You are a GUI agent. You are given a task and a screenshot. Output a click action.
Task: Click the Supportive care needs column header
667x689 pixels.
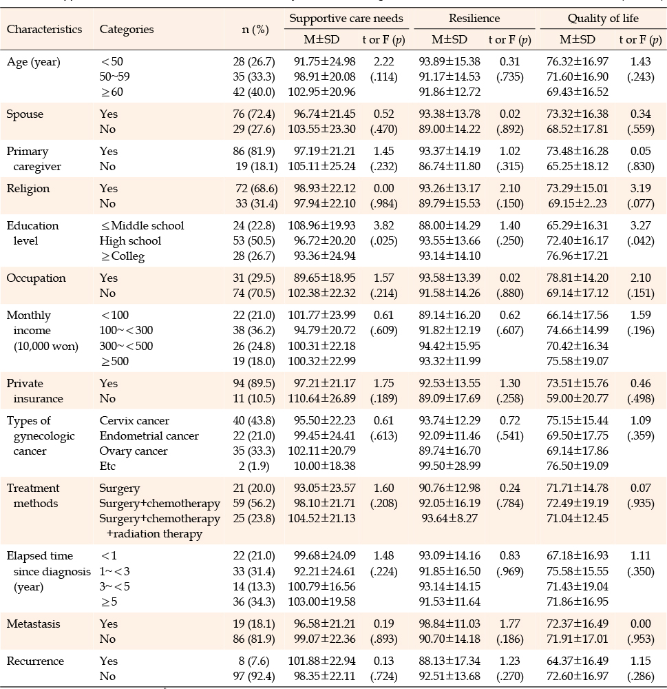pyautogui.click(x=346, y=19)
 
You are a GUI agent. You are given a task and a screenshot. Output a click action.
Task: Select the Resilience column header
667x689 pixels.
pyautogui.click(x=474, y=19)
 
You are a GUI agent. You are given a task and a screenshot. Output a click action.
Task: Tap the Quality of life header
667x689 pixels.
pyautogui.click(x=603, y=19)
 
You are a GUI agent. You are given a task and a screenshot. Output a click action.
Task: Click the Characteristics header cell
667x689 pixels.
pyautogui.click(x=44, y=30)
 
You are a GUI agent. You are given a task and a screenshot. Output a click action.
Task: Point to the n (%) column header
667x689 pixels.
pyautogui.click(x=255, y=30)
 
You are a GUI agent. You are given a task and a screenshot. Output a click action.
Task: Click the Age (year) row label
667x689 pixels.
pyautogui.click(x=33, y=62)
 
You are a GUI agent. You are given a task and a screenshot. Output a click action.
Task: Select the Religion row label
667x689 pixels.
pyautogui.click(x=28, y=189)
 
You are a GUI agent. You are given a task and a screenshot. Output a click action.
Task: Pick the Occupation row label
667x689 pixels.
pyautogui.click(x=36, y=278)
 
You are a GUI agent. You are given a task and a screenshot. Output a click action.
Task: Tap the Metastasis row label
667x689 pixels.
pyautogui.click(x=33, y=624)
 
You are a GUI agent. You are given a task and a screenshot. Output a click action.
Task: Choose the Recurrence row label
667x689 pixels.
pyautogui.click(x=35, y=661)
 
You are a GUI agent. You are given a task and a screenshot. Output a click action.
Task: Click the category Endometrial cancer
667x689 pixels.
pyautogui.click(x=149, y=436)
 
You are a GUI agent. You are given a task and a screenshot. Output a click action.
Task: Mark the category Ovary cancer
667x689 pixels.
pyautogui.click(x=134, y=451)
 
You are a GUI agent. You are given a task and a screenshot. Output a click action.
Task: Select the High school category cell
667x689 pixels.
pyautogui.click(x=130, y=240)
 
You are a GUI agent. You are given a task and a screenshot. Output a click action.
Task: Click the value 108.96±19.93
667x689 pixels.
pyautogui.click(x=322, y=226)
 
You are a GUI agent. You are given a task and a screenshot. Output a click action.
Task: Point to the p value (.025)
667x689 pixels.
pyautogui.click(x=384, y=240)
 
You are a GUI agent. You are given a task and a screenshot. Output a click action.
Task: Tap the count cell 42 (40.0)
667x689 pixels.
pyautogui.click(x=254, y=92)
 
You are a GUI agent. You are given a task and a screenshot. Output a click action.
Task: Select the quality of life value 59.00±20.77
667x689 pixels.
pyautogui.click(x=578, y=398)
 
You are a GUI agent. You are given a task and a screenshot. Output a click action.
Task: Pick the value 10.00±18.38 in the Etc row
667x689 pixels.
pyautogui.click(x=324, y=466)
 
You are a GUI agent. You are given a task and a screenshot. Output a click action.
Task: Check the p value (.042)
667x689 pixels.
pyautogui.click(x=641, y=240)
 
